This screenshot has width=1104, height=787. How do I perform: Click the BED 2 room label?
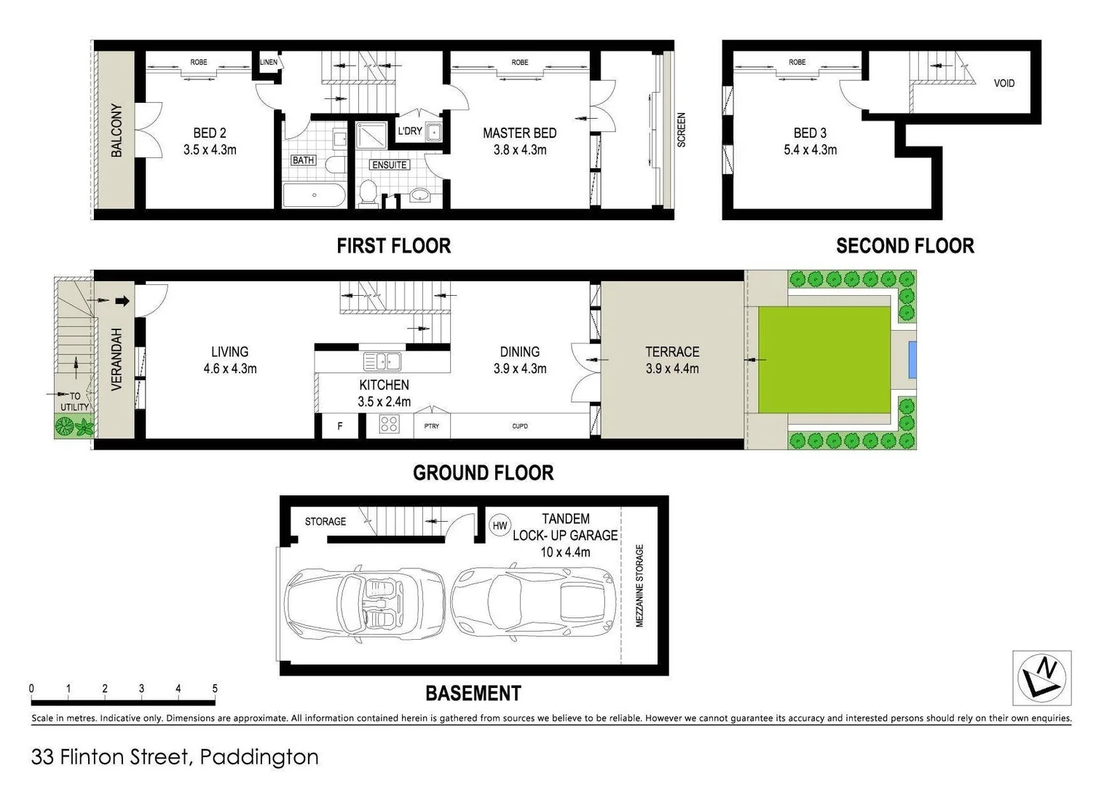(x=210, y=133)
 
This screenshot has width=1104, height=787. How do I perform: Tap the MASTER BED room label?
(x=519, y=133)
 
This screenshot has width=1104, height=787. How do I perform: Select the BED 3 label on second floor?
(x=810, y=133)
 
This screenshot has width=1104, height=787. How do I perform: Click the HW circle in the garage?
(x=500, y=525)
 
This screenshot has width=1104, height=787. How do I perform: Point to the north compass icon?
(x=1042, y=678)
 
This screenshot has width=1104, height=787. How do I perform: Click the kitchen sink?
(x=382, y=361)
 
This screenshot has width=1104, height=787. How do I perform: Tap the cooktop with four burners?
(x=389, y=424)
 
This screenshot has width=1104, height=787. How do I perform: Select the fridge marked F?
(x=340, y=426)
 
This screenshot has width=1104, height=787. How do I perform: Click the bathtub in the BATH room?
(x=315, y=195)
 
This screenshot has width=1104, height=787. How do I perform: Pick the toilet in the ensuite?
(x=368, y=193)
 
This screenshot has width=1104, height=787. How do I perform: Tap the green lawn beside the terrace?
(x=824, y=360)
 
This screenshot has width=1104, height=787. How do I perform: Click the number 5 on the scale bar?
(x=215, y=689)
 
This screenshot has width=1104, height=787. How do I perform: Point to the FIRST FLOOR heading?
(x=393, y=246)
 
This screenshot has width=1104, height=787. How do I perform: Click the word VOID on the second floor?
(x=1004, y=83)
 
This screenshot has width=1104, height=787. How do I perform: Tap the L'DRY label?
(x=409, y=131)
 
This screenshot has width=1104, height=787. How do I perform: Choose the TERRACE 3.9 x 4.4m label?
(x=671, y=360)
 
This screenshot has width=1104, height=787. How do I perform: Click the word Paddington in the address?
(x=259, y=757)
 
